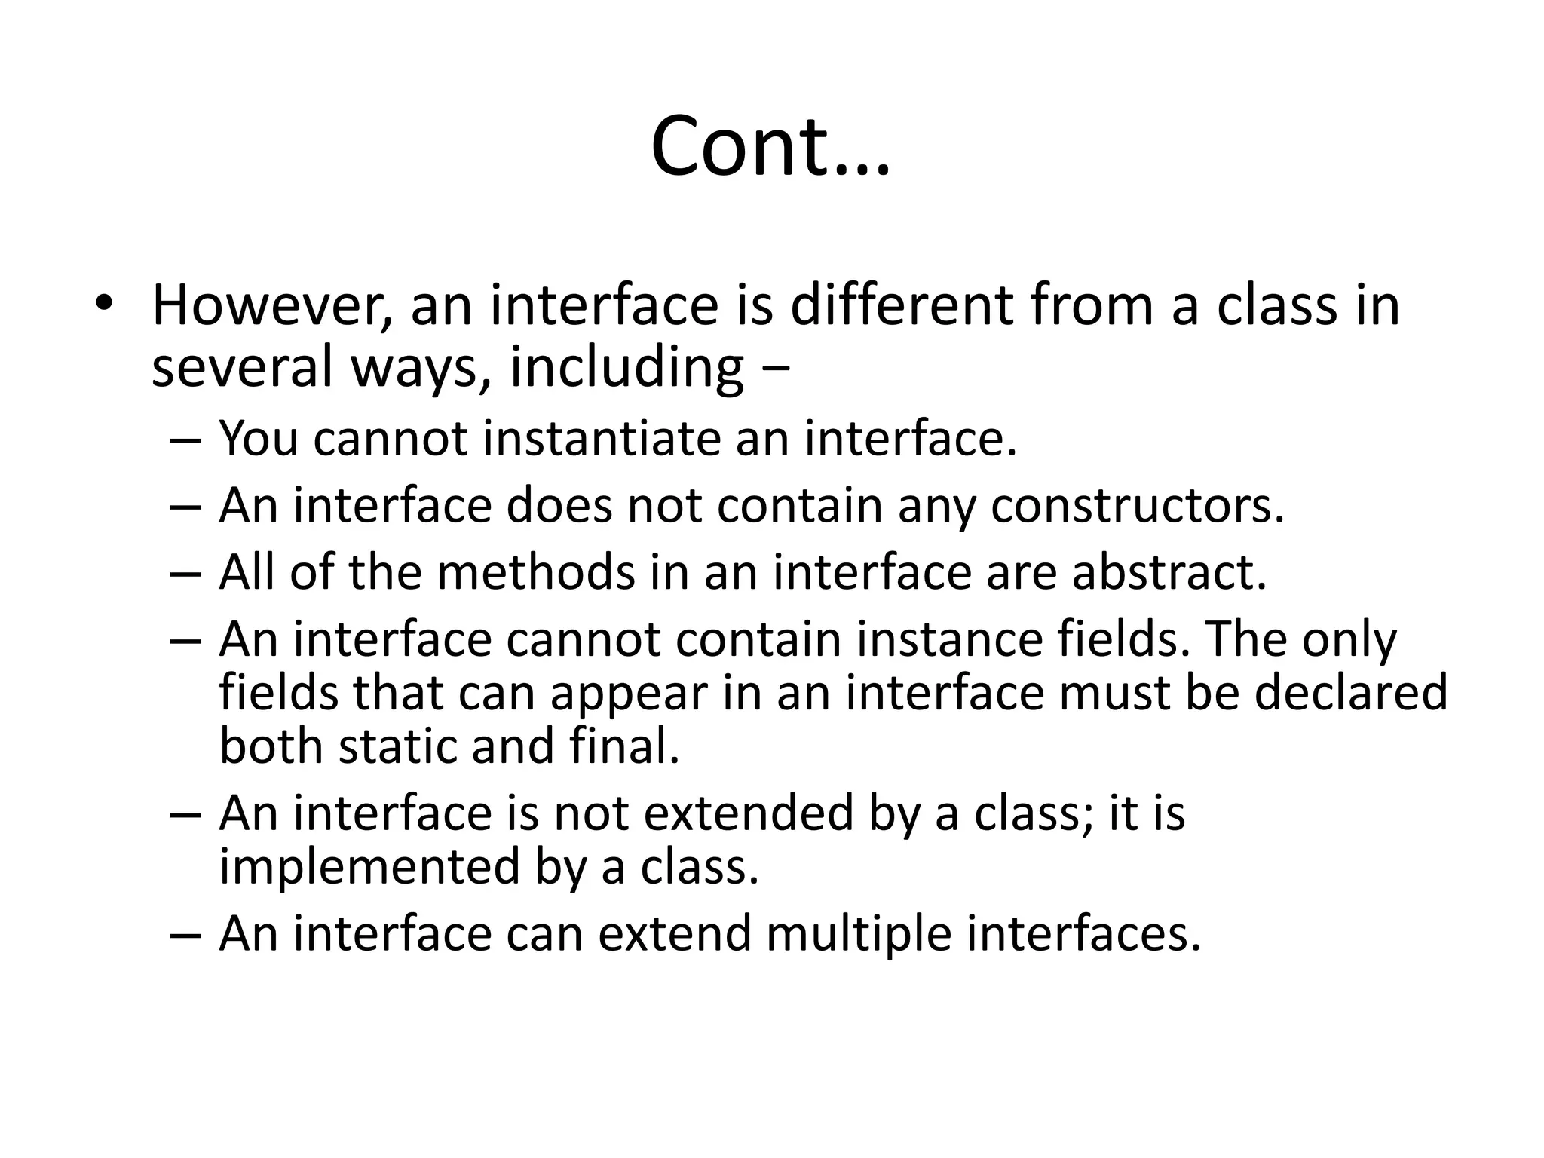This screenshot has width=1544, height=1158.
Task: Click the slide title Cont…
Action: (x=770, y=146)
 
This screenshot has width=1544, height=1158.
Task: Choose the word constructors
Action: (x=1137, y=505)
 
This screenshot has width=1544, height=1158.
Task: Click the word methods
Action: (x=536, y=572)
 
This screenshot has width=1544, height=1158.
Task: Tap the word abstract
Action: (x=1169, y=572)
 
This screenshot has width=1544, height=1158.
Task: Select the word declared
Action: (x=1350, y=693)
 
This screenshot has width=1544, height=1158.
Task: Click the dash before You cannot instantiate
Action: (x=185, y=440)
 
